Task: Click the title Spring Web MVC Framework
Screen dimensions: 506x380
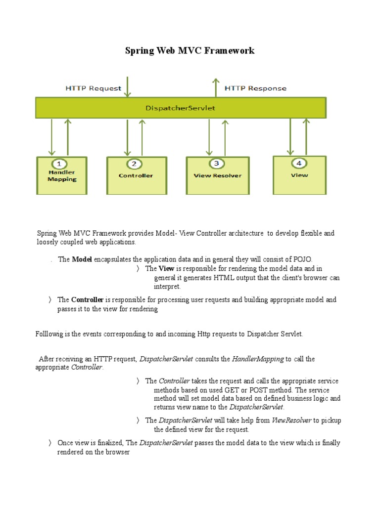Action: [x=190, y=50]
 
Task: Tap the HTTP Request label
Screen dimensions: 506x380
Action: [x=94, y=88]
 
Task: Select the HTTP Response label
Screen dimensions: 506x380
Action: [x=255, y=88]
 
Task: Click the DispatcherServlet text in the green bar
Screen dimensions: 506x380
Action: [x=181, y=108]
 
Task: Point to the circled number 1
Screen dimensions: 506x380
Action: [x=59, y=164]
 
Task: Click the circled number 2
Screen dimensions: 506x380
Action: [x=134, y=164]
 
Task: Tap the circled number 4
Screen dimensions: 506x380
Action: [x=298, y=163]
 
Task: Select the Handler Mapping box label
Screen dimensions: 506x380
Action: [x=62, y=176]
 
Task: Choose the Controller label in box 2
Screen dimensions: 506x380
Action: [x=136, y=175]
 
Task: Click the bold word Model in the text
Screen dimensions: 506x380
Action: [x=82, y=259]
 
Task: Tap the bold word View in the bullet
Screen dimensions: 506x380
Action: [x=166, y=269]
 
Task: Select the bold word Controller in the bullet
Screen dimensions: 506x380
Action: [x=87, y=300]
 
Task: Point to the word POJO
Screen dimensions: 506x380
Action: [x=302, y=259]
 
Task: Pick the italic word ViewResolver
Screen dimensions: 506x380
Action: [x=292, y=421]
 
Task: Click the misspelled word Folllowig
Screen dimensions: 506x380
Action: [x=50, y=334]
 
